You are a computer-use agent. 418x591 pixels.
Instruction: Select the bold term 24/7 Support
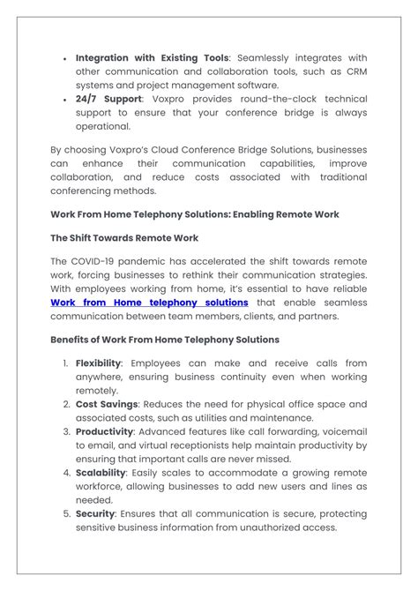point(108,100)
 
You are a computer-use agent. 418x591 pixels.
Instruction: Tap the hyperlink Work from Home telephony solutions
point(149,303)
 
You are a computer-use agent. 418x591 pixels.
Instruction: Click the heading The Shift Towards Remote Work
point(124,238)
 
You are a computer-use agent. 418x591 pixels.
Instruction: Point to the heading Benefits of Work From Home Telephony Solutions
point(165,340)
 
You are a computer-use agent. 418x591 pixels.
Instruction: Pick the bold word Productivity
point(104,431)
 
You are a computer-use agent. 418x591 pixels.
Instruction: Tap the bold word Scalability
point(103,473)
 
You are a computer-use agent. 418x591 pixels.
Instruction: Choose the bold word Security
point(95,513)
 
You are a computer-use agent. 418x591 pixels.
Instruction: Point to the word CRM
point(355,71)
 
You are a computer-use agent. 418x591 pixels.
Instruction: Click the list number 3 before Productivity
point(65,431)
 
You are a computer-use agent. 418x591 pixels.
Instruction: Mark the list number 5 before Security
point(65,513)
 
